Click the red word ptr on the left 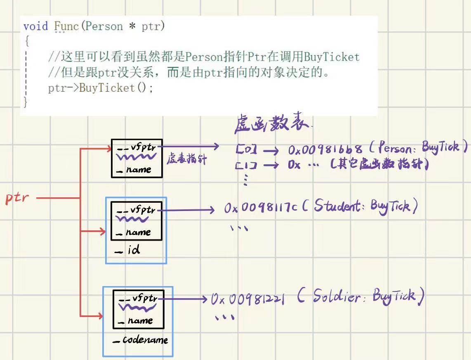17,197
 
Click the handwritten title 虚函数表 272,123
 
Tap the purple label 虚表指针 186,159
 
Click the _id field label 129,250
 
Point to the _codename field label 141,340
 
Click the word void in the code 35,26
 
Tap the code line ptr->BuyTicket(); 100,88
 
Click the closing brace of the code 26,102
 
